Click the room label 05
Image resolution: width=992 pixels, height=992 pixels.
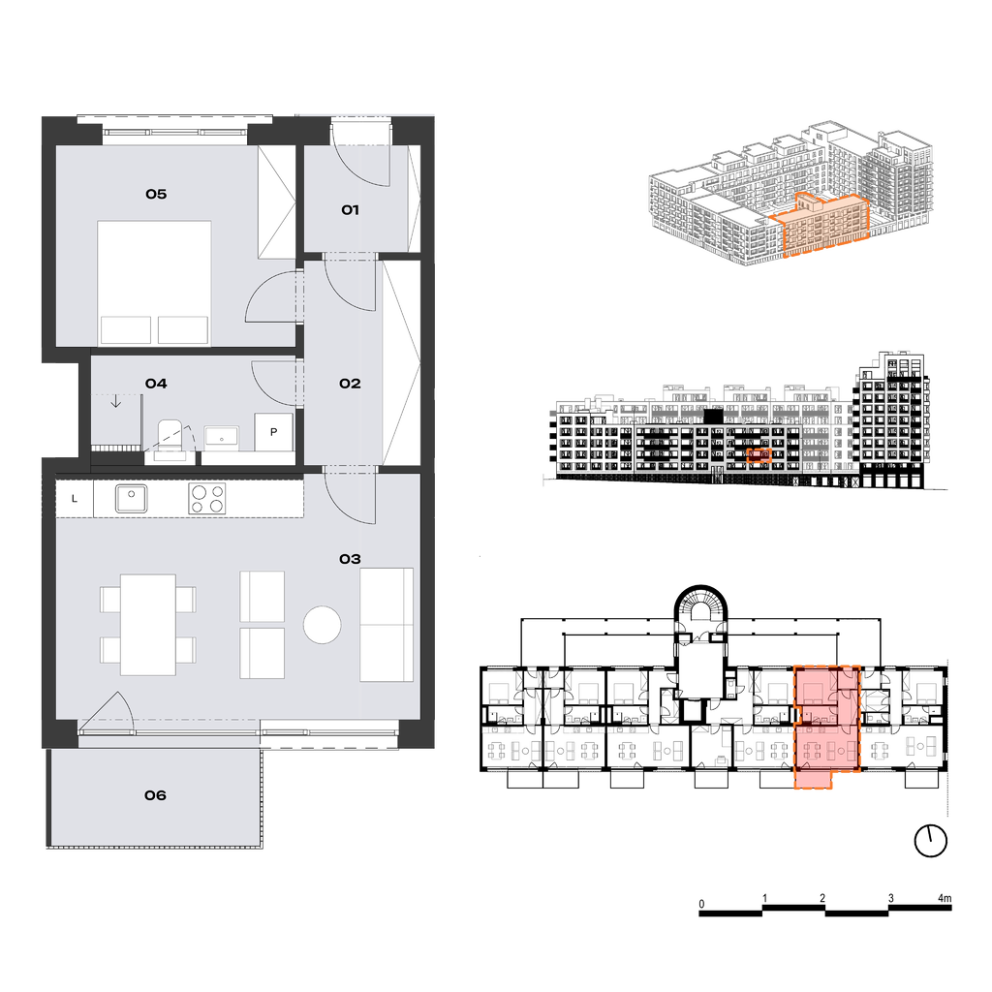click(156, 194)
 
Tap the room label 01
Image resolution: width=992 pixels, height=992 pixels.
click(350, 210)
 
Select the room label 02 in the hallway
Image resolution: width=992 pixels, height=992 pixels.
click(350, 384)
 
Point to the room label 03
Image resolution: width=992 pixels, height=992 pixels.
click(350, 559)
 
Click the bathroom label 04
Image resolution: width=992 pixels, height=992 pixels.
click(156, 384)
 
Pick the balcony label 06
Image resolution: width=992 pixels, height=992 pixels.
click(156, 795)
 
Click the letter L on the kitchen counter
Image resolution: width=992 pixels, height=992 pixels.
click(75, 499)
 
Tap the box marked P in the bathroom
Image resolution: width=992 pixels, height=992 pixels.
click(274, 432)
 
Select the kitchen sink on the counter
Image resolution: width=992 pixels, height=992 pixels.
click(132, 499)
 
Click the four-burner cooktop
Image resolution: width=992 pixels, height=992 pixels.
click(207, 499)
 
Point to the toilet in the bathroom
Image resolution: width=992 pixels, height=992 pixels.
click(170, 437)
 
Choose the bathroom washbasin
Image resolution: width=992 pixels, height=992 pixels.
click(222, 437)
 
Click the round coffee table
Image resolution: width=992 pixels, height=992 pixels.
click(322, 625)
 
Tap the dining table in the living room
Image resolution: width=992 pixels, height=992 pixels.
click(148, 625)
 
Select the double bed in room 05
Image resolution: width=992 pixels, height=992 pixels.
click(154, 284)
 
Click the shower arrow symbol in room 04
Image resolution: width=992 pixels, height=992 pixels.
click(116, 401)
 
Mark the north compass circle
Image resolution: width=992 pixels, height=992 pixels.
click(931, 842)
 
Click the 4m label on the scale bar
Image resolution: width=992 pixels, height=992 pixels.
click(944, 898)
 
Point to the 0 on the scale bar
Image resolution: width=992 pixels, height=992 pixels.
click(701, 904)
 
